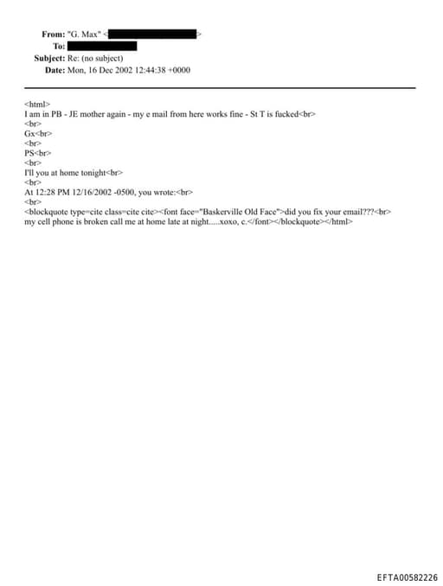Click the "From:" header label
[53, 34]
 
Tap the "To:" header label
[59, 46]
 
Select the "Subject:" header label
[49, 58]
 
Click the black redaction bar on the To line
[102, 46]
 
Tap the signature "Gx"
[29, 133]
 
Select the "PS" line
[29, 153]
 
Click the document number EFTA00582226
[407, 577]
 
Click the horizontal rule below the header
[220, 87]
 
